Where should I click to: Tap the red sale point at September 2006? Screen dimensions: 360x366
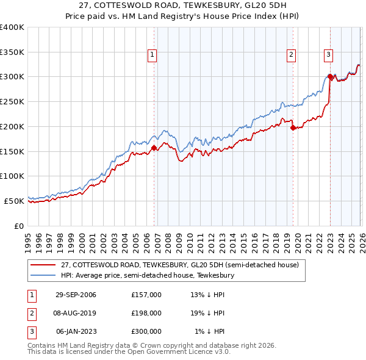click(154, 148)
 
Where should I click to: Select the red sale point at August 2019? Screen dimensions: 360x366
click(293, 128)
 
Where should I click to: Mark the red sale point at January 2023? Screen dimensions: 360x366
click(330, 77)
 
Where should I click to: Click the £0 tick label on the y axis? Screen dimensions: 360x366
click(18, 226)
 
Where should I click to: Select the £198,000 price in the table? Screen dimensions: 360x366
click(146, 313)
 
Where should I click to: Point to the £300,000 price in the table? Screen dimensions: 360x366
click(146, 331)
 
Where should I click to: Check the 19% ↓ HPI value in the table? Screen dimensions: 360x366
click(207, 313)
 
